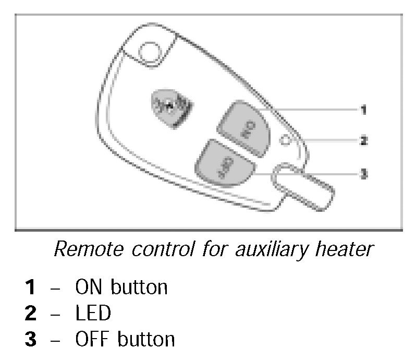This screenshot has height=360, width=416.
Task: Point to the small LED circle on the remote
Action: tap(284, 139)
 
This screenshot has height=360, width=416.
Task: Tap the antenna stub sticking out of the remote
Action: tap(303, 188)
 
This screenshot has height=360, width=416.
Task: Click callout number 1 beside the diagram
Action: tap(363, 110)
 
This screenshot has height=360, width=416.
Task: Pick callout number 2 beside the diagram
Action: tap(363, 140)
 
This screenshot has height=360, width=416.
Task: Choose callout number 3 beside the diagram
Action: tap(363, 174)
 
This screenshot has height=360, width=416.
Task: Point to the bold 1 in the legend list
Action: tap(31, 287)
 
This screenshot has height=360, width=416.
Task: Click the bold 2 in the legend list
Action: tap(31, 314)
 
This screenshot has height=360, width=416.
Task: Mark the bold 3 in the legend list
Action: tap(31, 340)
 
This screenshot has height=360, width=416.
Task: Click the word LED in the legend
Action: tap(93, 314)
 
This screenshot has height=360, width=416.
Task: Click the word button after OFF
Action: tap(146, 340)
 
